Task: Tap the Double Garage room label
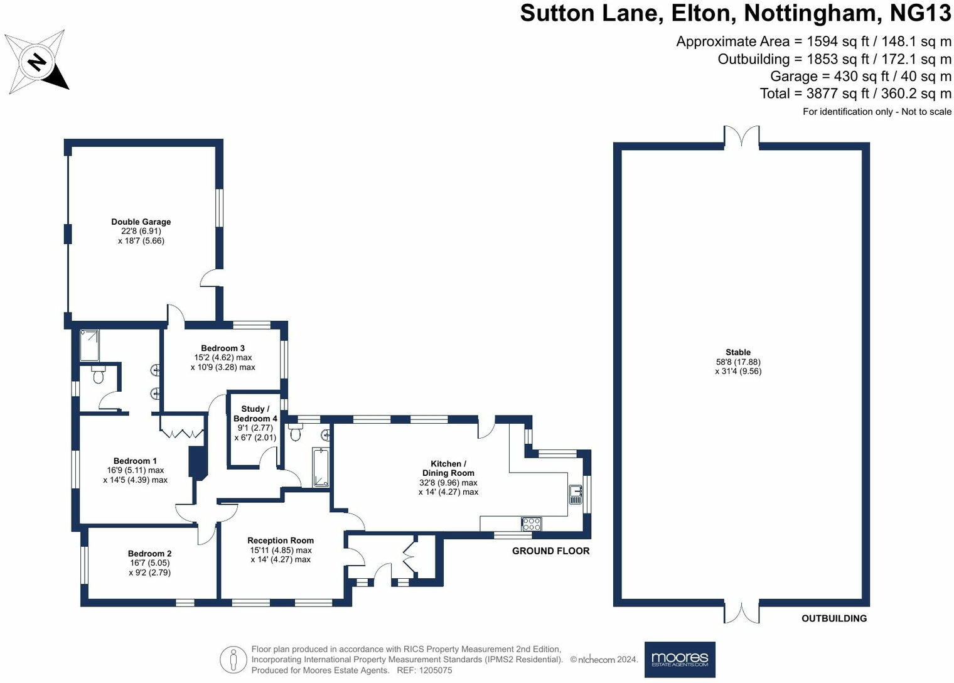[x=141, y=222]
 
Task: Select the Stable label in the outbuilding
[x=738, y=352]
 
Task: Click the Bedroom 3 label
[x=223, y=348]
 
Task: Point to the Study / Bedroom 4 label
[x=255, y=414]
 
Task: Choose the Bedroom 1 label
[x=136, y=461]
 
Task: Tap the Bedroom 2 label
[x=149, y=553]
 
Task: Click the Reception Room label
[x=281, y=540]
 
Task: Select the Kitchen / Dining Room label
[x=448, y=468]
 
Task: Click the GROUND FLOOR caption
[x=550, y=551]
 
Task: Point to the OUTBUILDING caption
[x=834, y=618]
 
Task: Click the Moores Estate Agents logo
[x=680, y=659]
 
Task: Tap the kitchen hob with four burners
[x=531, y=524]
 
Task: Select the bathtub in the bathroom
[x=321, y=468]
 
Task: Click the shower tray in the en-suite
[x=89, y=345]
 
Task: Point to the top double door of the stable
[x=741, y=136]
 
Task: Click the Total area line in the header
[x=855, y=94]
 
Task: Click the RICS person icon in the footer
[x=233, y=660]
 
